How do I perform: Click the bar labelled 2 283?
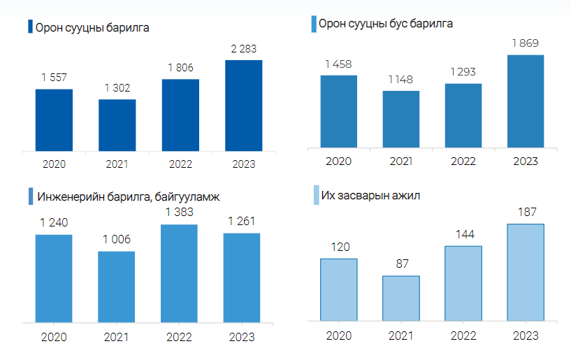point(243,105)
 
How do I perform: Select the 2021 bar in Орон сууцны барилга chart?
point(117,124)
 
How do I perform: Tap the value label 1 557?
point(54,78)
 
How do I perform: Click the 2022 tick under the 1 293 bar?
point(463,161)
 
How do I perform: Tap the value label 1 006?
point(117,240)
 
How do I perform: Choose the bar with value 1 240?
point(54,278)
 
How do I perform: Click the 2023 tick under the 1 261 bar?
point(242,337)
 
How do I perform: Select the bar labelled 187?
point(526,272)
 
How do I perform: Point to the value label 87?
point(401,264)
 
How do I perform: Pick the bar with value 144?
point(463,283)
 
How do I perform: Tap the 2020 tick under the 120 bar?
point(339,336)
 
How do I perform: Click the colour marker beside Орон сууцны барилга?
point(30,27)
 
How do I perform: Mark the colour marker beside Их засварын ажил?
point(315,196)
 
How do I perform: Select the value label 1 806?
point(180,68)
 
